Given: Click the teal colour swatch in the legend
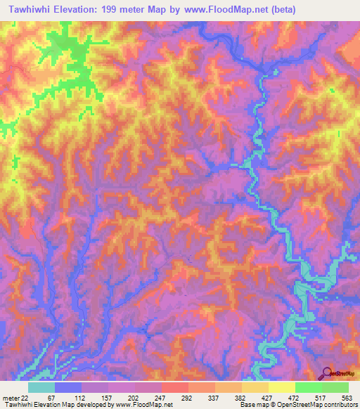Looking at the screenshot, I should (41, 387).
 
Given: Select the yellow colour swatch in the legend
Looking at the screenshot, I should (282, 387).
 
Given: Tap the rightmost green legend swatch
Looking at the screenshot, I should (335, 387).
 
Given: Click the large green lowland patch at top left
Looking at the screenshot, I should (67, 56).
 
